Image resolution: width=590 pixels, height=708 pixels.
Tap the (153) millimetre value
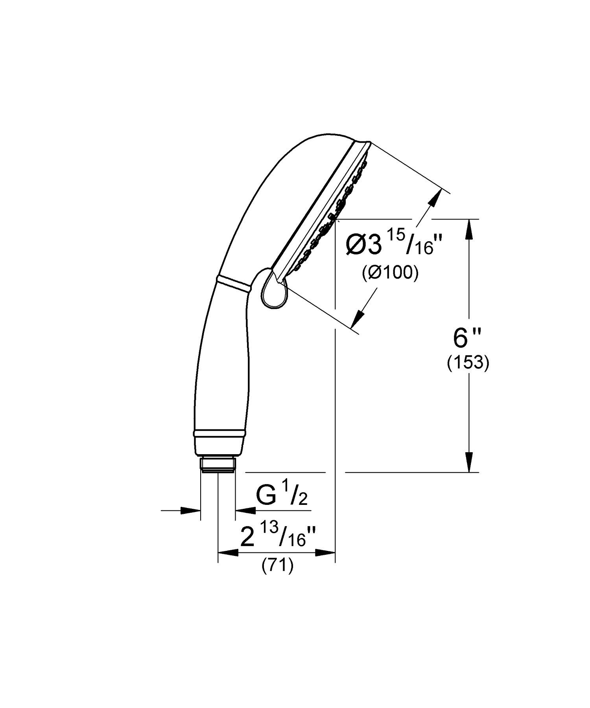[468, 363]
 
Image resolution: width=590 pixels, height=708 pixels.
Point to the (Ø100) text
[390, 273]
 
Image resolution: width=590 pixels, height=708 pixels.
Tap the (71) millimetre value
[278, 567]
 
